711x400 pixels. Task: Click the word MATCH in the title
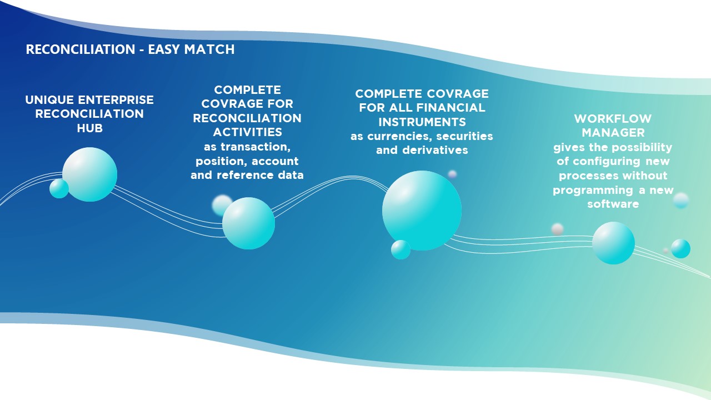pyautogui.click(x=209, y=49)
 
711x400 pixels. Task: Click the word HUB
pyautogui.click(x=90, y=128)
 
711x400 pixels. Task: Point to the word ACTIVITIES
pyautogui.click(x=248, y=132)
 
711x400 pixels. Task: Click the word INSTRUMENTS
pyautogui.click(x=422, y=122)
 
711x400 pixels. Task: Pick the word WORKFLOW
pyautogui.click(x=613, y=119)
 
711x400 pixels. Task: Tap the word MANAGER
pyautogui.click(x=613, y=133)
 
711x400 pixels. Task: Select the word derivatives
pyautogui.click(x=435, y=150)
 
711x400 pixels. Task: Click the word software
pyautogui.click(x=613, y=204)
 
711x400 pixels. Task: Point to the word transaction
pyautogui.click(x=256, y=147)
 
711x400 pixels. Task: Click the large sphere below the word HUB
pyautogui.click(x=89, y=174)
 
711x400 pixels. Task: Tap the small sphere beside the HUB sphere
pyautogui.click(x=59, y=188)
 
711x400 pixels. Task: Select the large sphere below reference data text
pyautogui.click(x=248, y=223)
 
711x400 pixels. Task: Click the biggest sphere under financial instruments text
pyautogui.click(x=422, y=211)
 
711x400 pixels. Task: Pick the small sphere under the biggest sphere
pyautogui.click(x=400, y=249)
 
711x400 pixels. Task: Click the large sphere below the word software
pyautogui.click(x=614, y=243)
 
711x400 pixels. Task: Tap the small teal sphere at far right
pyautogui.click(x=680, y=248)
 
